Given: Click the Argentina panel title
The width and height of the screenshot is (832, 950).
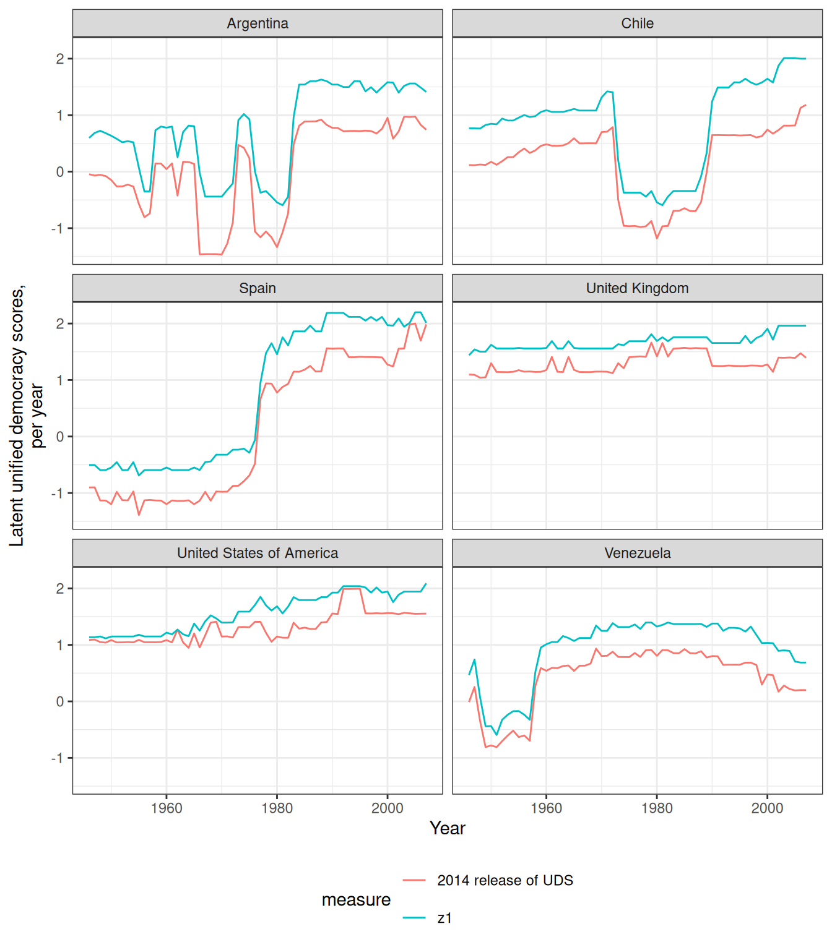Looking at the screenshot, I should click(258, 24).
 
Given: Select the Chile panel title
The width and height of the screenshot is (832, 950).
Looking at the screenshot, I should click(637, 24).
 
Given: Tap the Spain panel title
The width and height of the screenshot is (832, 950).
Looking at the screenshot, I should click(258, 288).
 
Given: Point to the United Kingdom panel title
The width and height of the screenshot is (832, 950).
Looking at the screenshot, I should click(637, 288).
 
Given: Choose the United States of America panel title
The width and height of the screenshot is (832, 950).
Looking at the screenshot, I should click(258, 553).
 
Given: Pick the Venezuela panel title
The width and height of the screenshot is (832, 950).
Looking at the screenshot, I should click(637, 553).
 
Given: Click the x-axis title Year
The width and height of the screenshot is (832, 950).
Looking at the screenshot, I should click(447, 828).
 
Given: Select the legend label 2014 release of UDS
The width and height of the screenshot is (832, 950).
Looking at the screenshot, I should click(505, 880).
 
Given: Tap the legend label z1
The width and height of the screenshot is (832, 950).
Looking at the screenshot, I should click(444, 918).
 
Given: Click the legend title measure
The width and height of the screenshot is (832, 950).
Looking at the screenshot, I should click(356, 900).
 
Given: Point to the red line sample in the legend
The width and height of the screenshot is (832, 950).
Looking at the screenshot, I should click(414, 880).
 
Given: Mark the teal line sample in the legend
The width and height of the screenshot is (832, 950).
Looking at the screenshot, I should click(414, 918).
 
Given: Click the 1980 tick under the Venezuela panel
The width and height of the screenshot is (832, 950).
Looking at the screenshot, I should click(657, 808).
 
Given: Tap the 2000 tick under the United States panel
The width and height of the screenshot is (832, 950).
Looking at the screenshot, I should click(388, 808).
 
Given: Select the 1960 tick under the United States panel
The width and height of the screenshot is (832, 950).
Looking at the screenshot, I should click(167, 808).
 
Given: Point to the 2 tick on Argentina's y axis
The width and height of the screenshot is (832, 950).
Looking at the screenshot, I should click(60, 59).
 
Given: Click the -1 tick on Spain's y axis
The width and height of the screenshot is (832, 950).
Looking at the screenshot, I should click(58, 494).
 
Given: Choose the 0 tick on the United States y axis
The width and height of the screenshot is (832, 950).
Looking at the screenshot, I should click(60, 702).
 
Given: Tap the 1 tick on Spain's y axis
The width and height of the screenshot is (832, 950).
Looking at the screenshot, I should click(60, 380).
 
